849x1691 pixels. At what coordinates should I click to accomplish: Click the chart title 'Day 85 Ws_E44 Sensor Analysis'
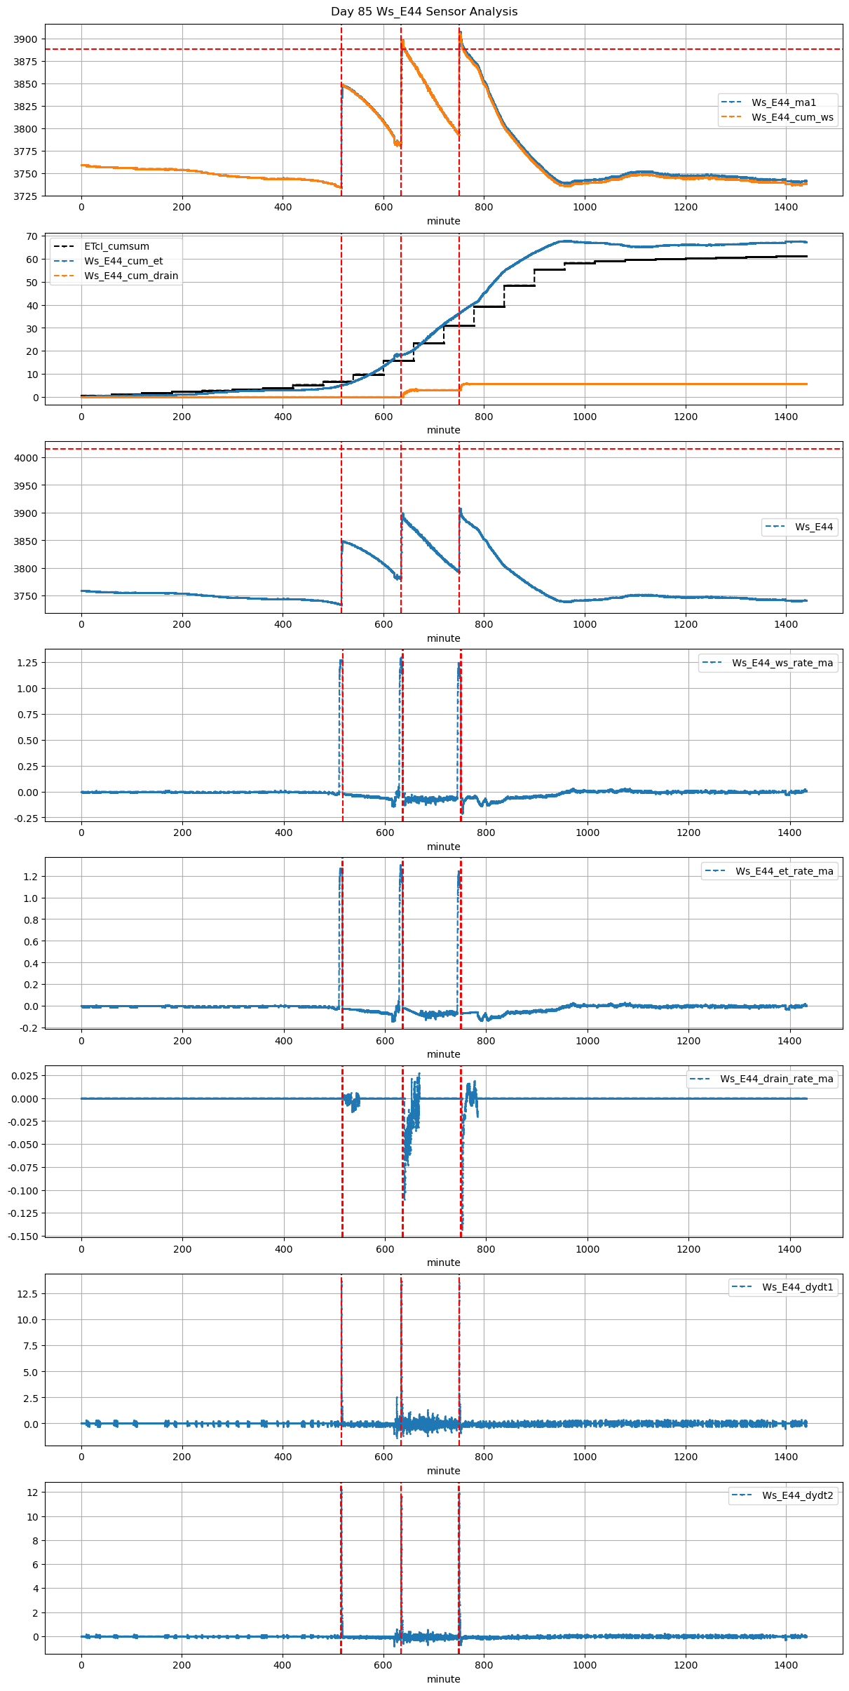tap(424, 12)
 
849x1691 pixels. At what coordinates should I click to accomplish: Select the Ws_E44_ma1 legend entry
tap(783, 102)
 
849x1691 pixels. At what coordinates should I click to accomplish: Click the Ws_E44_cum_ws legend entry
tap(792, 117)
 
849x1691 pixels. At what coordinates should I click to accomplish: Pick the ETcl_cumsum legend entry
tap(116, 246)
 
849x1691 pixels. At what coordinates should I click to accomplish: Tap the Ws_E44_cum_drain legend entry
tap(131, 276)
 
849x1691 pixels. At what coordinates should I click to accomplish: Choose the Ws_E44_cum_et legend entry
tap(123, 261)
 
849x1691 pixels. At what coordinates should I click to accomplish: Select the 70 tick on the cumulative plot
tap(32, 236)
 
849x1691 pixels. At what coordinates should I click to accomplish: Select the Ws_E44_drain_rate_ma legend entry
tap(776, 1079)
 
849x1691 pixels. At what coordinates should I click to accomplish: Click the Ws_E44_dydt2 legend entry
tap(798, 1495)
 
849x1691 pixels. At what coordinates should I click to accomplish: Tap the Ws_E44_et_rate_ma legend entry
tap(784, 871)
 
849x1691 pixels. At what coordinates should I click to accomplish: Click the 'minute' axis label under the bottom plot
tap(444, 1679)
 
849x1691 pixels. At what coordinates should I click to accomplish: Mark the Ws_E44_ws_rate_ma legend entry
tap(782, 663)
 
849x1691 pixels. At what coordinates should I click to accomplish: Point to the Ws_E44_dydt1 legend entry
tap(798, 1287)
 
